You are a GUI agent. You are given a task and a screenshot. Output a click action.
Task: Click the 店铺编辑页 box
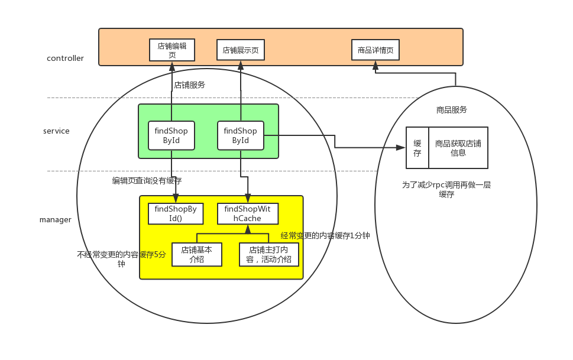pos(171,50)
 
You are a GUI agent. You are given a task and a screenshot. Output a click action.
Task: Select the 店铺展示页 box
pos(241,50)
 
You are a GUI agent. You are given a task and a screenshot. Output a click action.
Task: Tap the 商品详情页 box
pos(375,50)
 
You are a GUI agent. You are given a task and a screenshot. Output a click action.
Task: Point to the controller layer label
pos(65,58)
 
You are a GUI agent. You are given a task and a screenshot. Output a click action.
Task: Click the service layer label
pos(56,131)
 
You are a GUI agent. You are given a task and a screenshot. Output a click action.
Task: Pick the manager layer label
pos(56,220)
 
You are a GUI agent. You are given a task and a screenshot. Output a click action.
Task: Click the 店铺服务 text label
pos(189,85)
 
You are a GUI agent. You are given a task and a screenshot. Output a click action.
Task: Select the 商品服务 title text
pos(452,109)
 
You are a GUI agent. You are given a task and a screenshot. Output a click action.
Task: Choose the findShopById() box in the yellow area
pos(176,214)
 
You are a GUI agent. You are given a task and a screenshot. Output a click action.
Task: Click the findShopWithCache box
pos(247,214)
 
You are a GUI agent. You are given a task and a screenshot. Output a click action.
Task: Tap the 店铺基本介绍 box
pos(196,255)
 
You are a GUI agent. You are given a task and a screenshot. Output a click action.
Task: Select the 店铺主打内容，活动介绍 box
pos(268,255)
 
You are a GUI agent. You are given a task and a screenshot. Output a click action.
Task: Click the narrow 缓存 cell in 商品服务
pos(417,148)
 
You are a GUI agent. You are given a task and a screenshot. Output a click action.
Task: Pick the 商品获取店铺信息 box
pos(458,148)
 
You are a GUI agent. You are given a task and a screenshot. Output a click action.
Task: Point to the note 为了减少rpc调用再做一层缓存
pos(446,189)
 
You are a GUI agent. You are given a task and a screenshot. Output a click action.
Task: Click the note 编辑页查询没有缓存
pos(147,180)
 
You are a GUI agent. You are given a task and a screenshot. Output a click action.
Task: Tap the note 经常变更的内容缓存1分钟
pos(325,236)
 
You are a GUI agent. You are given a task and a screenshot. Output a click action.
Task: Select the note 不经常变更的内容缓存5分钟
pos(121,259)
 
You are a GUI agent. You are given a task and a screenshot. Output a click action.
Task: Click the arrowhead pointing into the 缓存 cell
pos(402,148)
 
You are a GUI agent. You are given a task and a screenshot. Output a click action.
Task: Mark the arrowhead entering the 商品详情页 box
pos(375,66)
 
